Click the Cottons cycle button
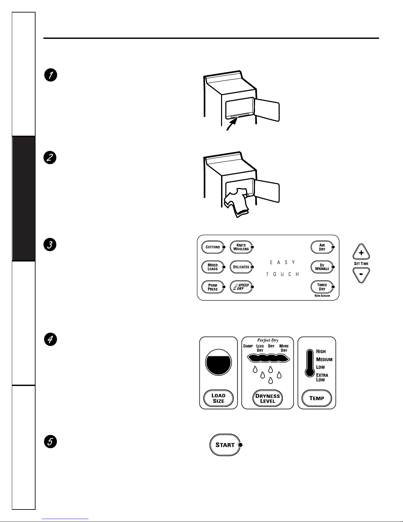coord(213,247)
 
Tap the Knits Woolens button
coord(241,247)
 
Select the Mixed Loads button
coord(213,267)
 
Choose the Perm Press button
coord(213,287)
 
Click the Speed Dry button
coord(241,287)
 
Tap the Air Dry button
coord(322,247)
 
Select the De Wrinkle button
coord(322,267)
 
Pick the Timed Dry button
coord(322,287)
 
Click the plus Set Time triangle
coord(361,253)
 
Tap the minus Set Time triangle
coord(361,274)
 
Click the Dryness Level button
coord(267,398)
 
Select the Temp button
coord(316,398)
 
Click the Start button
coord(225,445)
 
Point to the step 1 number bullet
coord(51,75)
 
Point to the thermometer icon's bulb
coord(309,372)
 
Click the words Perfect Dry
coord(267,340)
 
